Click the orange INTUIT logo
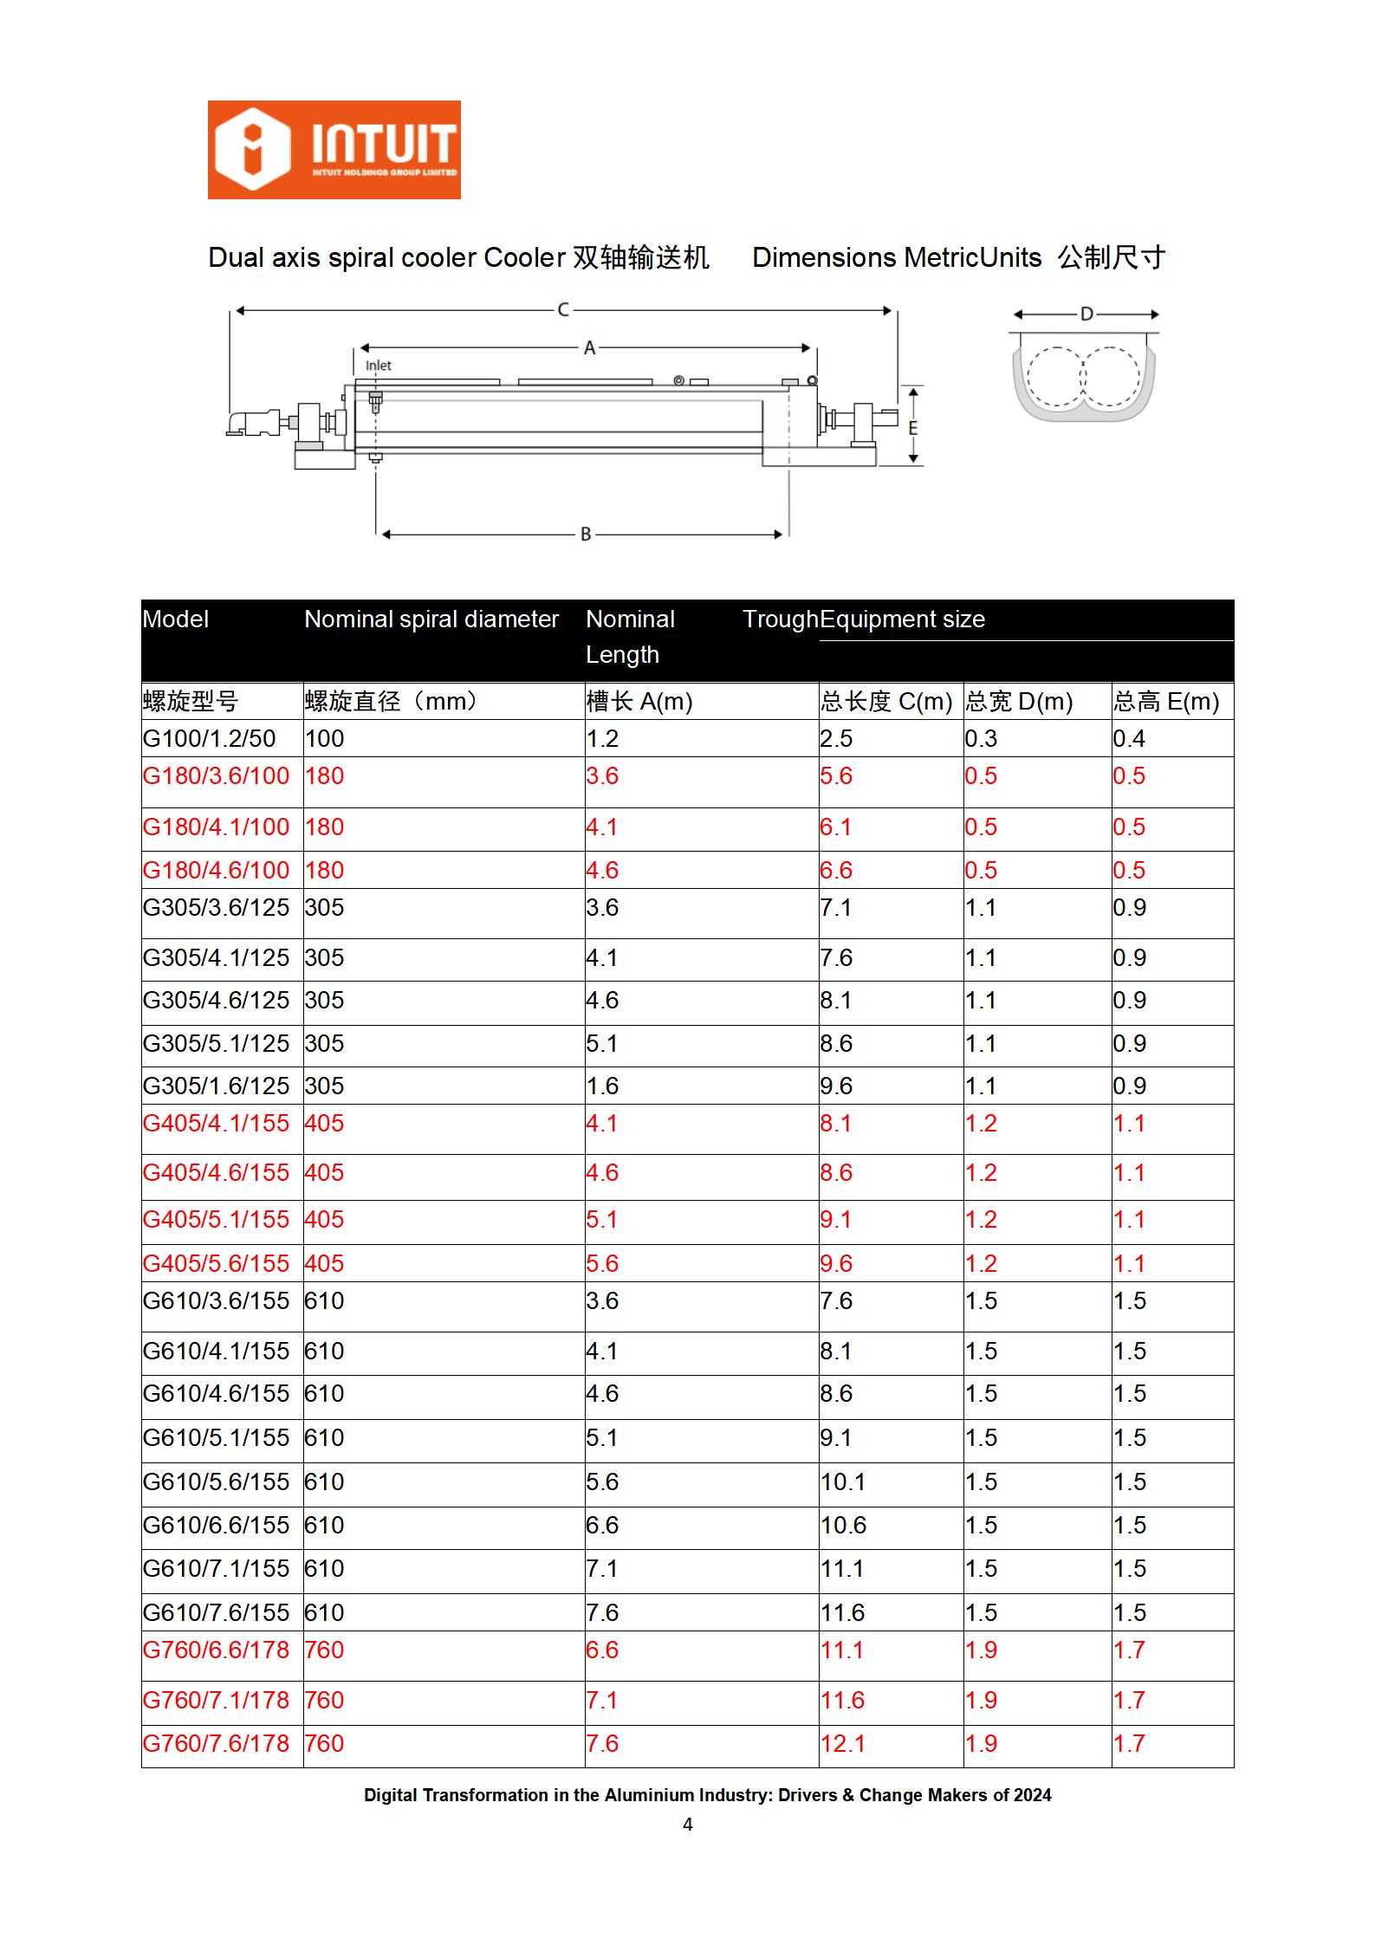[334, 150]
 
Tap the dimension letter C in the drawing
[563, 309]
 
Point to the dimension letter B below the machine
[586, 535]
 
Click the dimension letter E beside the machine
[912, 428]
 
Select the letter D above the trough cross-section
[1086, 314]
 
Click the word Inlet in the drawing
[378, 366]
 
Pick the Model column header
[176, 619]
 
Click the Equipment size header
[902, 619]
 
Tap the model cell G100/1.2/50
[209, 739]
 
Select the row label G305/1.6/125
[216, 1086]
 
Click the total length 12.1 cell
[842, 1743]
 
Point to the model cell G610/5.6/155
[216, 1482]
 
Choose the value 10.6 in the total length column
[843, 1526]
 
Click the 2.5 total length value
[836, 739]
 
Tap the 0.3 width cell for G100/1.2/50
[981, 739]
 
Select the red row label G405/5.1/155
[216, 1220]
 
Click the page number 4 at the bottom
[688, 1825]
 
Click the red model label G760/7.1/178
[216, 1700]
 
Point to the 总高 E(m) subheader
[1166, 702]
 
